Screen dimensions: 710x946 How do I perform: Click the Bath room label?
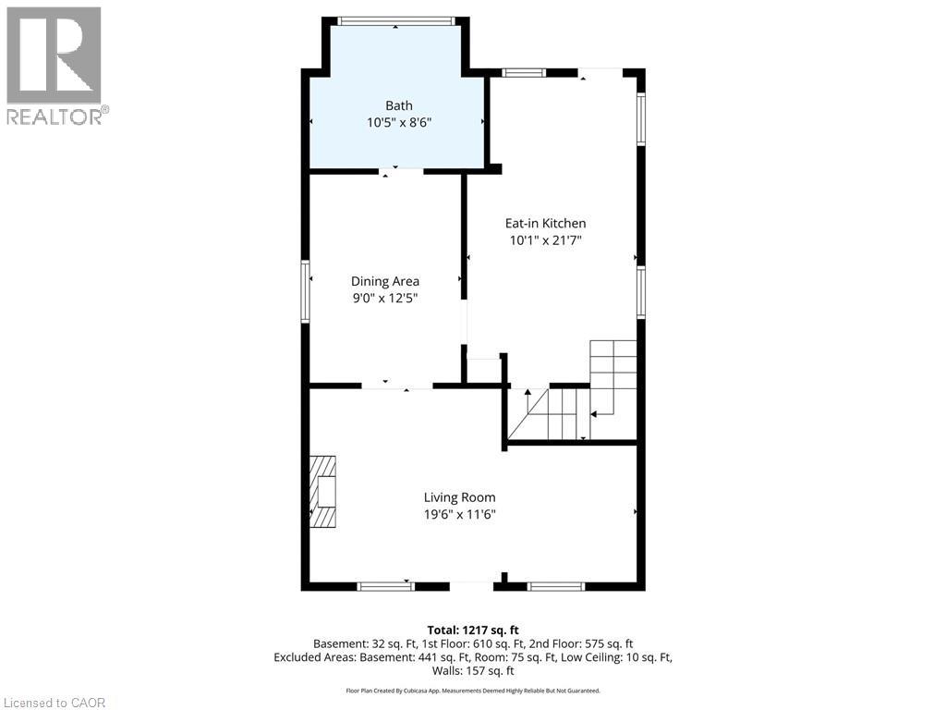399,105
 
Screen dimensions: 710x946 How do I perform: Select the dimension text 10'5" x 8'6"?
399,122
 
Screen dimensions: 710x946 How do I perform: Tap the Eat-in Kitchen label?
545,223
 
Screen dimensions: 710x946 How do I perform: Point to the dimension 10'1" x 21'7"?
545,240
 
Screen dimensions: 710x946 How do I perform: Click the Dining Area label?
385,281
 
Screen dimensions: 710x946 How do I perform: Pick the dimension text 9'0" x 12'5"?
385,298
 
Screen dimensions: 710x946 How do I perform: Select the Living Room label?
460,497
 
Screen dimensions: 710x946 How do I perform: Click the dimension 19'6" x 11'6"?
460,515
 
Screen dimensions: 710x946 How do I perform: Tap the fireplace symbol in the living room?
323,491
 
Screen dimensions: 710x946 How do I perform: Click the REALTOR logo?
55,66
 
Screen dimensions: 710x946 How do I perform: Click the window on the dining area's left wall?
305,291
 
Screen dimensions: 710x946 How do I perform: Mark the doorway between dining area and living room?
396,386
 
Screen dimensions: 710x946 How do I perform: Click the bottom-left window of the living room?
386,585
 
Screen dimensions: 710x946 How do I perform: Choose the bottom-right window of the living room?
555,585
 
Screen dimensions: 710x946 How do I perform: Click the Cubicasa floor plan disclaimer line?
473,691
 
